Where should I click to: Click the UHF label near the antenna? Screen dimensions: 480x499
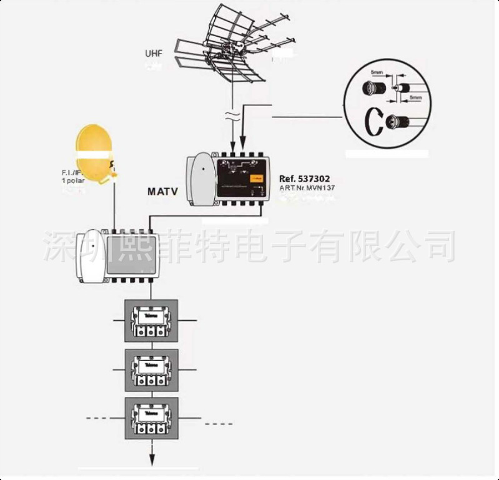click(154, 54)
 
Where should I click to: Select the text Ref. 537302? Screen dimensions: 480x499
click(304, 179)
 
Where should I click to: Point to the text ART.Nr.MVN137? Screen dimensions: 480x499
click(307, 187)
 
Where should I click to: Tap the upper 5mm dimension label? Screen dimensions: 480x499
click(377, 73)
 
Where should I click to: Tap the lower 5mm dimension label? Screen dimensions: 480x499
click(415, 98)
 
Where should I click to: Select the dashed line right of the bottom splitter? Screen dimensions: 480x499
click(218, 424)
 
